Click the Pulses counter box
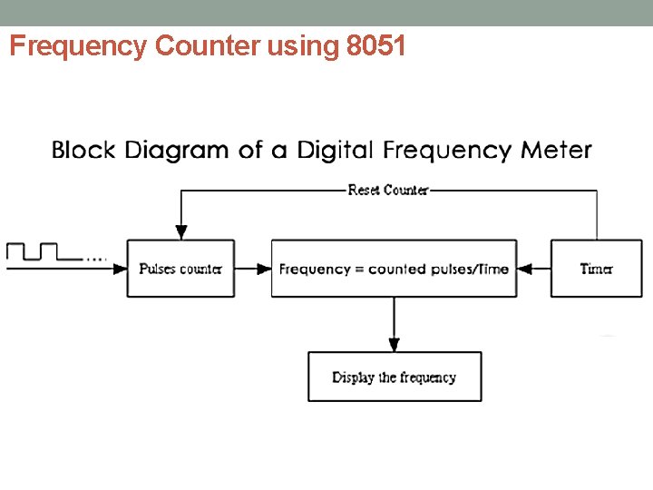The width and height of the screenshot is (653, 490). pyautogui.click(x=180, y=269)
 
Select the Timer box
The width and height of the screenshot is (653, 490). pyautogui.click(x=596, y=269)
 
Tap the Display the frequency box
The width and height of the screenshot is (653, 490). pyautogui.click(x=395, y=377)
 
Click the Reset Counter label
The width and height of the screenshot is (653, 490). pyautogui.click(x=388, y=190)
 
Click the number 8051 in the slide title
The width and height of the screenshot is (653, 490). pyautogui.click(x=376, y=46)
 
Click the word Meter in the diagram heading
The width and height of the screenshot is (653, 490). pyautogui.click(x=557, y=150)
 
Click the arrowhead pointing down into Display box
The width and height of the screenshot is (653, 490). pyautogui.click(x=394, y=345)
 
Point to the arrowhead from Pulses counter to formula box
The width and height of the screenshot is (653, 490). pyautogui.click(x=265, y=269)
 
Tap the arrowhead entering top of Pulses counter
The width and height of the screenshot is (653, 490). pyautogui.click(x=180, y=233)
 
